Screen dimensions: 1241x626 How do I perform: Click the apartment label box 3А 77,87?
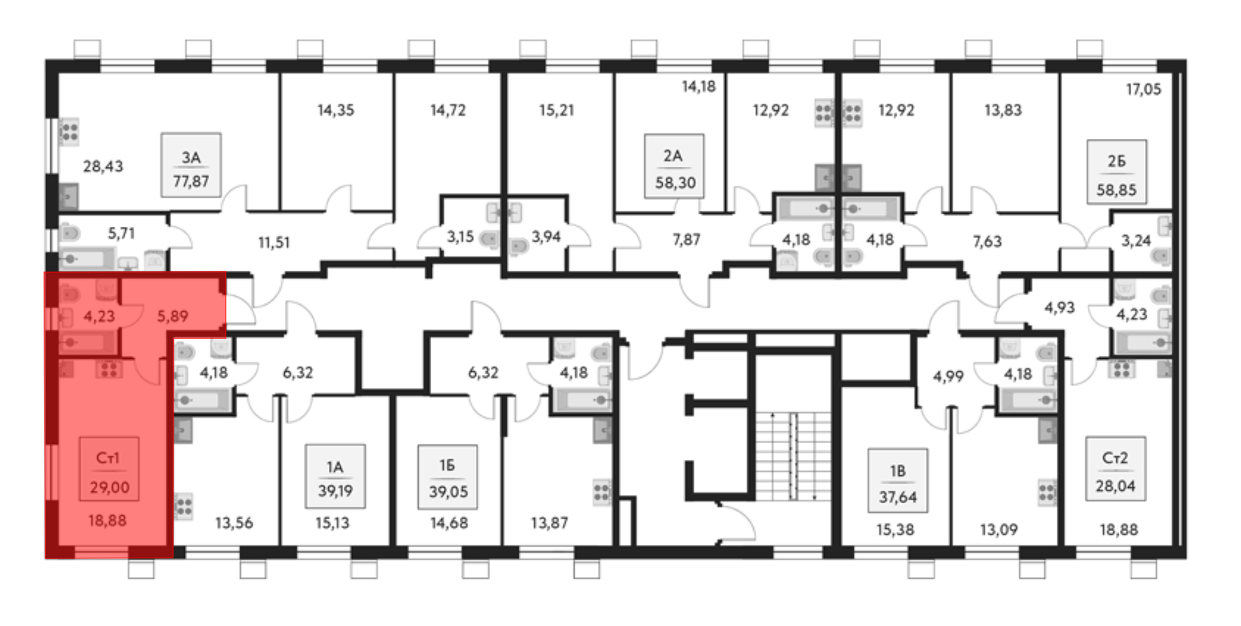(191, 165)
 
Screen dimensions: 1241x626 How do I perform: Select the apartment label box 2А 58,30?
(674, 166)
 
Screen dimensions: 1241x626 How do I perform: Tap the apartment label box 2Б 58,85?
(1116, 172)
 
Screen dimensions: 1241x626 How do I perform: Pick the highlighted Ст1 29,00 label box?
(109, 469)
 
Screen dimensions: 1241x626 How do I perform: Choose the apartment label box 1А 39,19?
(335, 476)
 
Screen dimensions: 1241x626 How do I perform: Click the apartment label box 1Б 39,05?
(447, 476)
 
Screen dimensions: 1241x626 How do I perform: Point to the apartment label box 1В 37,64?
(897, 481)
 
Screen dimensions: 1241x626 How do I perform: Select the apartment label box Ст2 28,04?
(1115, 469)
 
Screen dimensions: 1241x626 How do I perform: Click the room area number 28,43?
(103, 166)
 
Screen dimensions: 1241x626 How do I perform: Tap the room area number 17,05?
(1143, 89)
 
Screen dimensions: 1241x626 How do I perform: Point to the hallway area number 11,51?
(274, 242)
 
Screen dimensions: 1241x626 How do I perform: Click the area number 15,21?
(557, 110)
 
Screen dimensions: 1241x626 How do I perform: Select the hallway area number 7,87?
(686, 239)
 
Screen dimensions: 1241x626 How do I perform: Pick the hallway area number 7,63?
(987, 241)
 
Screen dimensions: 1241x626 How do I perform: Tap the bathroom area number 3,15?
(460, 237)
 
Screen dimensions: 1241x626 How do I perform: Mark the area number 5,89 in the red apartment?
(172, 317)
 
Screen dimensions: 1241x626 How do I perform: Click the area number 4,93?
(1059, 307)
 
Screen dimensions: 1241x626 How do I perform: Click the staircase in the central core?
(793, 456)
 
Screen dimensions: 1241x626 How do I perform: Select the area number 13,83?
(1003, 110)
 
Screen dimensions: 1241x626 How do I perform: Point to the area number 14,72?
(448, 110)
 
